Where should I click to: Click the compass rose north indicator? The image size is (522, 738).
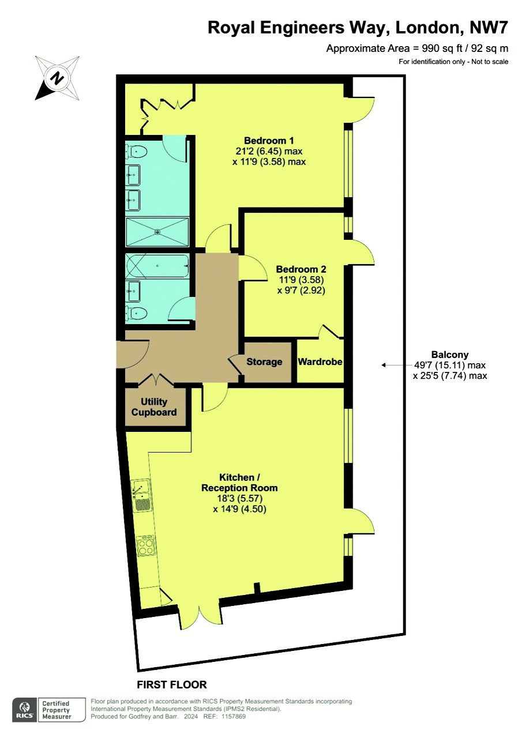point(57,78)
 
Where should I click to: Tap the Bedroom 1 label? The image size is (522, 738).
point(269,141)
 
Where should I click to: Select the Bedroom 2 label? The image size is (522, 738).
point(301,269)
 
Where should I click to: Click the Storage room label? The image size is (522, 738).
point(264,362)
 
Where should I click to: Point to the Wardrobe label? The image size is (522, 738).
point(320,362)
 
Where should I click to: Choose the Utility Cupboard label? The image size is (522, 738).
point(154,407)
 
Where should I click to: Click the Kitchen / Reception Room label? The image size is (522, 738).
point(239,483)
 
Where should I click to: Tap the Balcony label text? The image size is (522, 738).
point(450,355)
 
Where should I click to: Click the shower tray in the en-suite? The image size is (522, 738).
point(157,232)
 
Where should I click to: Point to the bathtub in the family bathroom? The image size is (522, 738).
point(157,266)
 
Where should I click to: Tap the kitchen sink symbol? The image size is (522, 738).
point(142,495)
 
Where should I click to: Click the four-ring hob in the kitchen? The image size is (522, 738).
point(146,545)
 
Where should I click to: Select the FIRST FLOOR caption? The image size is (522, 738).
point(172,684)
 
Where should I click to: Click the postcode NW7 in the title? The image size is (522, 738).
point(489,28)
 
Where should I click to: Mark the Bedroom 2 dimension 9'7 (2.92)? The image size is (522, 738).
point(301,290)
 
